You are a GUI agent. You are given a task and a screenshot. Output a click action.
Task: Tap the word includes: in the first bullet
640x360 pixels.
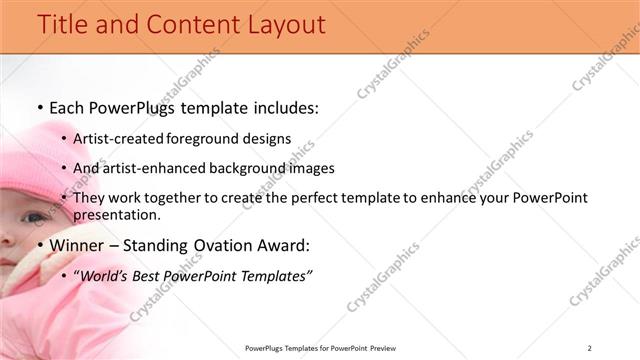279,108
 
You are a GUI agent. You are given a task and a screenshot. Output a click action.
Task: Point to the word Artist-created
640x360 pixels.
119,139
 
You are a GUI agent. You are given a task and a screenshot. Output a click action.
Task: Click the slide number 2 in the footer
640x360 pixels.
589,348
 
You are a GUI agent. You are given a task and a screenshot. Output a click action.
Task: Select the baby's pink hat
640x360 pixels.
40,160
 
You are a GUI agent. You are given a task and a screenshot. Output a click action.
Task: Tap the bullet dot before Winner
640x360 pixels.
39,246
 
